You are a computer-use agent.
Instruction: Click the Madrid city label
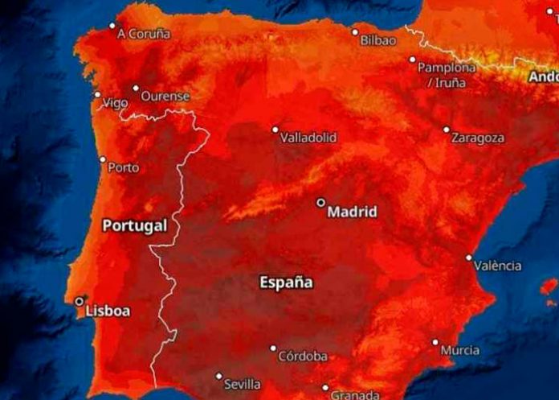click(352, 212)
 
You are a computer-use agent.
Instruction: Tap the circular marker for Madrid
click(321, 203)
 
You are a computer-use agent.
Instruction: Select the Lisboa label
click(107, 311)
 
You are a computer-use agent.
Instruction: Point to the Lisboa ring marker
click(80, 301)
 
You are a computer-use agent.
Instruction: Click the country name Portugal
click(134, 225)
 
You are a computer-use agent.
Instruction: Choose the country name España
click(286, 282)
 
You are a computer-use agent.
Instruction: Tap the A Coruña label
click(144, 34)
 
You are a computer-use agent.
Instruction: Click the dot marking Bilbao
click(355, 32)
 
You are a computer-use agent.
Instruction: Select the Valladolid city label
click(308, 138)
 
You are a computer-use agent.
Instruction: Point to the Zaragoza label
click(478, 138)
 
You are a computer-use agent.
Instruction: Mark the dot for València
click(469, 258)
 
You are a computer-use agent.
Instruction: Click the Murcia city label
click(460, 350)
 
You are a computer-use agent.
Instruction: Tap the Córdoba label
click(302, 357)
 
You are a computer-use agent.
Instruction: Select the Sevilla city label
click(243, 384)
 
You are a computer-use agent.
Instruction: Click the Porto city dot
click(102, 159)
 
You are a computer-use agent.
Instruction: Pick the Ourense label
click(165, 96)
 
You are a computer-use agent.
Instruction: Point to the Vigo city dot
click(98, 95)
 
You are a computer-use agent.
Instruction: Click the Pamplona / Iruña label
click(446, 74)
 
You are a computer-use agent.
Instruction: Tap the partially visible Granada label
click(354, 394)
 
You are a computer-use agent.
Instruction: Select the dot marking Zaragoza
click(447, 129)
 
